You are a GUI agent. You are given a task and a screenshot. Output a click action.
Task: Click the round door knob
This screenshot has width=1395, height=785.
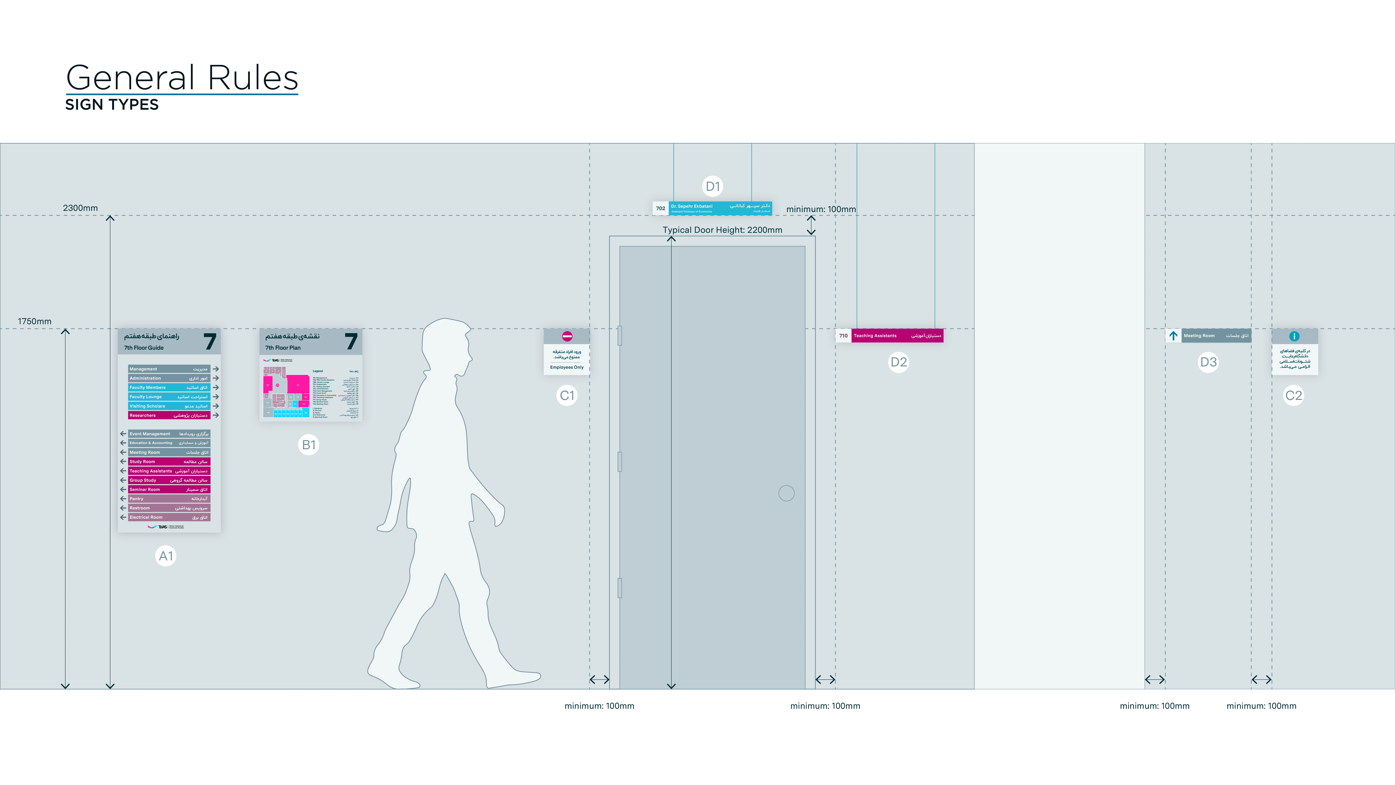click(x=786, y=493)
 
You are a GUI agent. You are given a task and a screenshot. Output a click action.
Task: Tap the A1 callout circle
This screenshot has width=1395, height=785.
click(x=166, y=556)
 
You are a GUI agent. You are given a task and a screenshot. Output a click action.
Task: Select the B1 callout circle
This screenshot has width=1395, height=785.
click(x=309, y=445)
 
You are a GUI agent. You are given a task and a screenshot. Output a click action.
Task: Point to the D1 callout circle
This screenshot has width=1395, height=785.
click(x=713, y=186)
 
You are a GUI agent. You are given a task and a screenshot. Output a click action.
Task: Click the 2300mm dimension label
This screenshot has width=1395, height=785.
click(x=80, y=208)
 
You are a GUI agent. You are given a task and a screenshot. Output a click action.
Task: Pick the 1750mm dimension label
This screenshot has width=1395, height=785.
click(x=35, y=321)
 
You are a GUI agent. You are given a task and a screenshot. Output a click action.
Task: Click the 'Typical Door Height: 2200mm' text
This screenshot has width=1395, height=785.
click(x=722, y=230)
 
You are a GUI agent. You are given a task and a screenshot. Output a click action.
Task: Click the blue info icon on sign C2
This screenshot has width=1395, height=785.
click(x=1294, y=336)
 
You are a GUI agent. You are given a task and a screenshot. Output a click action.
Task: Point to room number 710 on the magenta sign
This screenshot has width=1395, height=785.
click(x=843, y=336)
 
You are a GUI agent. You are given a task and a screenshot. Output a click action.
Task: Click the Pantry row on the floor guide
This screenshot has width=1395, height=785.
click(x=168, y=498)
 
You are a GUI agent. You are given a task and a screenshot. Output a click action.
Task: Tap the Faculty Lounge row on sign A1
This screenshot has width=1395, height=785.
click(x=168, y=397)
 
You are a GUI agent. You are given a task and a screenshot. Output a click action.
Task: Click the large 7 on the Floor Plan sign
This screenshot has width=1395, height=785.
click(x=351, y=341)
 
